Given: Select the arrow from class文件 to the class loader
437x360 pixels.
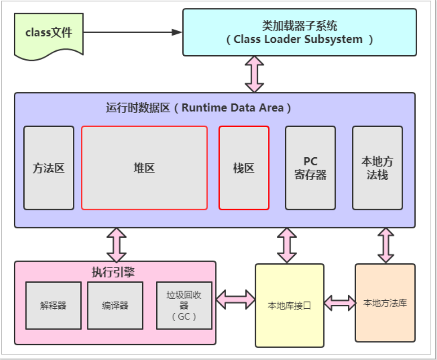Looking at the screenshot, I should point(132,32).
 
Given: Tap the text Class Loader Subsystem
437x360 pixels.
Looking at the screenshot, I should point(299,39).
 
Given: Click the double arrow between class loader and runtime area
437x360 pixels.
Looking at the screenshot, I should point(255,74).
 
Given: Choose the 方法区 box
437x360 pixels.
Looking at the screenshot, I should point(49,168).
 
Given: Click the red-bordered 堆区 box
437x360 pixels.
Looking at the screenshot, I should point(144,168).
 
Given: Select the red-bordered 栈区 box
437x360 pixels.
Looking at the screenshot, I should point(244,168).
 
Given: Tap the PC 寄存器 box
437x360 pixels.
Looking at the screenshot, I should point(310,168).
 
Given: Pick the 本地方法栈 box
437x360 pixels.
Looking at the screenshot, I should point(377,168).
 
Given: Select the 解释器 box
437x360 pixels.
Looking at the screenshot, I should point(53,306).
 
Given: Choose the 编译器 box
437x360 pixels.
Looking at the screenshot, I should point(115,306).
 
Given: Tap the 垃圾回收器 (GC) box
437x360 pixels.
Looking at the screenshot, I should point(184,306).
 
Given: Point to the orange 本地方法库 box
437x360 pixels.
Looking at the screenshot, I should point(385,303).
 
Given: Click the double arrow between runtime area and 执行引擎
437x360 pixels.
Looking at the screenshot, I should point(117,245).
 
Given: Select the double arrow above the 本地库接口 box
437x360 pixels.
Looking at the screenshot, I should point(287,246).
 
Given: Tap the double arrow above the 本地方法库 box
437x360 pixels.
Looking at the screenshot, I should point(386,246).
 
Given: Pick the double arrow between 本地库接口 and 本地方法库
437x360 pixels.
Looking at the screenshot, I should point(340,303).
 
